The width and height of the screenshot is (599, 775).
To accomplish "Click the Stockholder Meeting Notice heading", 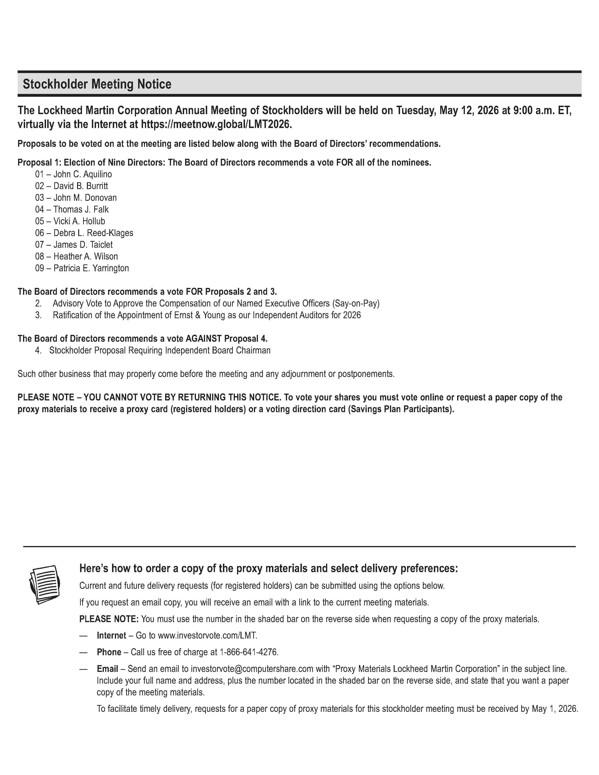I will (97, 84).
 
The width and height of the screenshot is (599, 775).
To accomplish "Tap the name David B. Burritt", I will (81, 186).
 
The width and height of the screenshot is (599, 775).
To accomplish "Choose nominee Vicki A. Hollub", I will (79, 221).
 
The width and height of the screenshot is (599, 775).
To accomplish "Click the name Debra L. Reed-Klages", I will (93, 233).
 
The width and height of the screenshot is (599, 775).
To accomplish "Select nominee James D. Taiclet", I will (83, 244).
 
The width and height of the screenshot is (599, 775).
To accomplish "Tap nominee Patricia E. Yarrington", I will (91, 268).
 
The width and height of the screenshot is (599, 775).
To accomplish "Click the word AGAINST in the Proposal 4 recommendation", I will (204, 338).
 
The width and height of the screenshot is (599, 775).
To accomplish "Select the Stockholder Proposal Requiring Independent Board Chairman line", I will (160, 350).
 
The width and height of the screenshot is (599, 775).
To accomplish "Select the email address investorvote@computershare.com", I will (252, 669).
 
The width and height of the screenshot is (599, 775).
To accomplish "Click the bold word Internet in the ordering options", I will (111, 635).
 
